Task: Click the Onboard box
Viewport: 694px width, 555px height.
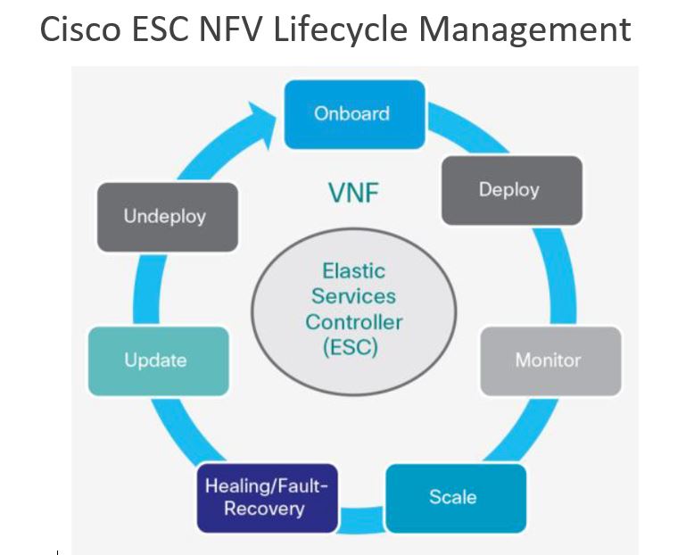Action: point(351,114)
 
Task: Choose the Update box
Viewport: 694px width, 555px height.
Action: point(157,361)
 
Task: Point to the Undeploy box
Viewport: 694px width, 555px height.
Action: point(166,216)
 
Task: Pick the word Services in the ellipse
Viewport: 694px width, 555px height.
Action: point(354,296)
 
